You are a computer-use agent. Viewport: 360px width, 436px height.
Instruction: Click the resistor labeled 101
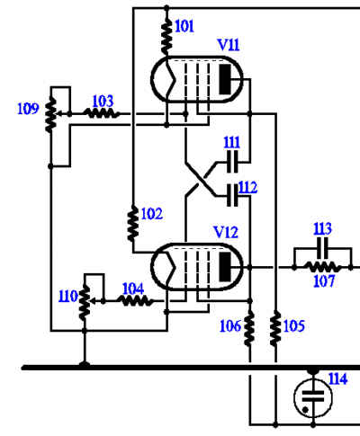click(x=166, y=37)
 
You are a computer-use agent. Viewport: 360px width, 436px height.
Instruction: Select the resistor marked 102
click(x=133, y=223)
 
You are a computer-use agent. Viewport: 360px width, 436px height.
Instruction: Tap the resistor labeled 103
click(x=102, y=114)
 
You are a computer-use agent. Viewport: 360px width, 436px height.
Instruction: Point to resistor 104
click(x=135, y=300)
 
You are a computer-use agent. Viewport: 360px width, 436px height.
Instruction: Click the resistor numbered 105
click(x=275, y=329)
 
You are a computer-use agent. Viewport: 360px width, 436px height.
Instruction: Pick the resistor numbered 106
click(x=249, y=329)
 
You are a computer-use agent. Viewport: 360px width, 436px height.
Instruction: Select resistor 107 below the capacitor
click(x=322, y=267)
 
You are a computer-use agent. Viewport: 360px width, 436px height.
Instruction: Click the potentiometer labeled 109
click(x=51, y=115)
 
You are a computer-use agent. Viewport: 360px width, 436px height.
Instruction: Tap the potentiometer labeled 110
click(x=85, y=302)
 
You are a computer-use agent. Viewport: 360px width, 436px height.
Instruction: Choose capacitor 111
click(x=232, y=162)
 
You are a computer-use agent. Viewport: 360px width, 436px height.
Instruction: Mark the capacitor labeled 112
click(x=232, y=196)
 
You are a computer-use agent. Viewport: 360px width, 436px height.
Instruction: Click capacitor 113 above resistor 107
click(x=322, y=248)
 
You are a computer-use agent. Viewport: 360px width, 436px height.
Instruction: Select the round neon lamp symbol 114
click(x=313, y=396)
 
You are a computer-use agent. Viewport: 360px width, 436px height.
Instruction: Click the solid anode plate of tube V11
click(x=225, y=79)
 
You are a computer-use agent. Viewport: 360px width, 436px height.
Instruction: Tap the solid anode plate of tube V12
click(x=225, y=267)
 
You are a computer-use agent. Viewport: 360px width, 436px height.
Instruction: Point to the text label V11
click(x=229, y=45)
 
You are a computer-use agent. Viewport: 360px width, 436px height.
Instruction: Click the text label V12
click(x=226, y=232)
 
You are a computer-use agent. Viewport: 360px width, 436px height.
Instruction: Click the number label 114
click(x=337, y=379)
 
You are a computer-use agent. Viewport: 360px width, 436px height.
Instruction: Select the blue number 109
click(x=28, y=109)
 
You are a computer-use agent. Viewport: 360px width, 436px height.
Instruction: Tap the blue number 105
click(x=294, y=326)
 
